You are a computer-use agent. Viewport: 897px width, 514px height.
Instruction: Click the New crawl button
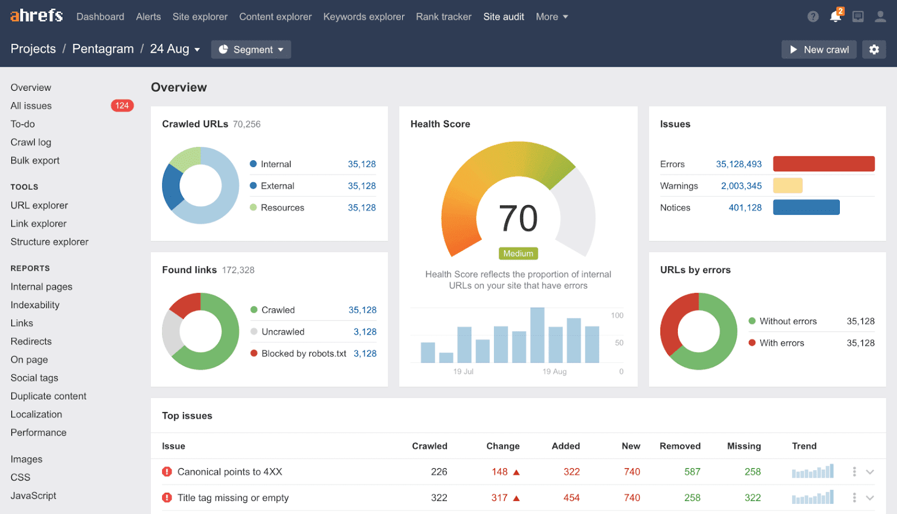[819, 49]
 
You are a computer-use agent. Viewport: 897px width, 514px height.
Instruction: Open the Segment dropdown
[251, 49]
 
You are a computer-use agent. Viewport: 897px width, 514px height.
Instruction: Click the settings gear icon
[873, 49]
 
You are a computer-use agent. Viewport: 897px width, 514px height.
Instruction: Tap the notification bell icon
[835, 16]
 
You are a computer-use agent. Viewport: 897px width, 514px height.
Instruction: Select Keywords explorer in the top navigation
[363, 17]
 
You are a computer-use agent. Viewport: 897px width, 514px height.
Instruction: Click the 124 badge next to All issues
[122, 105]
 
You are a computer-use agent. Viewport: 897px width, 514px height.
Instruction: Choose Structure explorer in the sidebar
[49, 242]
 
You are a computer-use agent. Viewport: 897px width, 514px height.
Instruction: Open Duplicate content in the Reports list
[48, 396]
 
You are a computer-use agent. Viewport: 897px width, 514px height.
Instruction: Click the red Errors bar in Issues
[823, 164]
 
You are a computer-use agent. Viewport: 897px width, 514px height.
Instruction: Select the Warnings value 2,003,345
[741, 186]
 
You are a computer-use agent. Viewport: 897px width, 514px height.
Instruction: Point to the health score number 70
[518, 218]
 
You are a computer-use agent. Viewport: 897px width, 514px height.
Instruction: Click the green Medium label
[518, 253]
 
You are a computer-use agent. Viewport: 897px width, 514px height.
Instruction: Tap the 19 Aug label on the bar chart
[554, 372]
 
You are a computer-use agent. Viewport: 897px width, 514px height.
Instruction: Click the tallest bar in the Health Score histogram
[537, 335]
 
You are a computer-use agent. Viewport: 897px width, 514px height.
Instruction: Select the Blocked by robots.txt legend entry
[303, 353]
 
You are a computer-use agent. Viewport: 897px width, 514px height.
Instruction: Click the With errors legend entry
[781, 342]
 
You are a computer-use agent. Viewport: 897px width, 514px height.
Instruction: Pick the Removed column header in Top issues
[679, 446]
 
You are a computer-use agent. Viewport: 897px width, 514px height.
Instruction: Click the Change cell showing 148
[500, 471]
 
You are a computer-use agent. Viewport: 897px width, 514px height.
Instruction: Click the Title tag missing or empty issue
[233, 497]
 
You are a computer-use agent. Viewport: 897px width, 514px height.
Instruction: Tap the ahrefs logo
[36, 16]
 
